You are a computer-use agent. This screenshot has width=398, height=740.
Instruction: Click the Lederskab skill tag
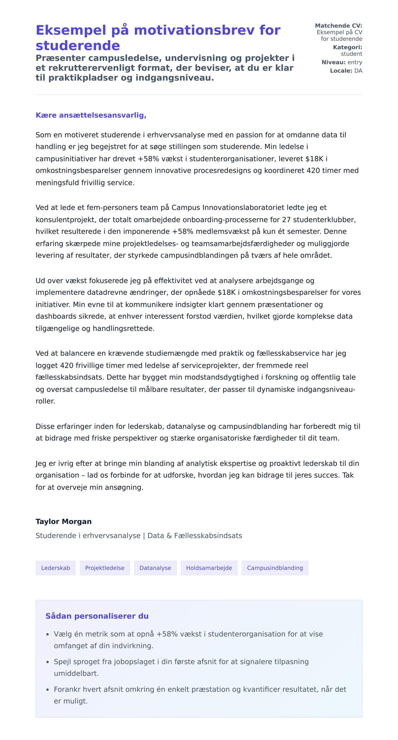point(55,568)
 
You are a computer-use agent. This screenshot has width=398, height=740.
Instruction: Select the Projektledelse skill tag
point(104,568)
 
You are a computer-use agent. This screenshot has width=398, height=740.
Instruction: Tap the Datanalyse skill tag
point(155,568)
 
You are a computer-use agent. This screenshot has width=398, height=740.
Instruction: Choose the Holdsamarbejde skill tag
point(209,568)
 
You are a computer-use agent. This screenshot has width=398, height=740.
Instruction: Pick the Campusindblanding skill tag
point(275,568)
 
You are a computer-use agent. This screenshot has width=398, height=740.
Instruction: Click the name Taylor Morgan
point(63,521)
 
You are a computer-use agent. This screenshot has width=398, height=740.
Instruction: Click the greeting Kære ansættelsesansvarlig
point(91,115)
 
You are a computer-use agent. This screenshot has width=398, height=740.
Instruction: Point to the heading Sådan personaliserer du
point(97,616)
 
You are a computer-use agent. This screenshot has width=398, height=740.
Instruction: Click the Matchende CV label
point(338,26)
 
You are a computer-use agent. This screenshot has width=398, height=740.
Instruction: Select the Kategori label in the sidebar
point(347,47)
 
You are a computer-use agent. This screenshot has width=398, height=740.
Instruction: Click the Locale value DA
point(358,71)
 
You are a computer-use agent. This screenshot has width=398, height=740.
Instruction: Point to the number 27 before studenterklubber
point(286,219)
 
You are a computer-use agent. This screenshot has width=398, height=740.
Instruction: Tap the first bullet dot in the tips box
point(48,634)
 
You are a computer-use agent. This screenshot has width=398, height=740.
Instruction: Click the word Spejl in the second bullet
point(62,662)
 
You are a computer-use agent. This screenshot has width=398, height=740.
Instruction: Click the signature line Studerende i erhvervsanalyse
point(88,535)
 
